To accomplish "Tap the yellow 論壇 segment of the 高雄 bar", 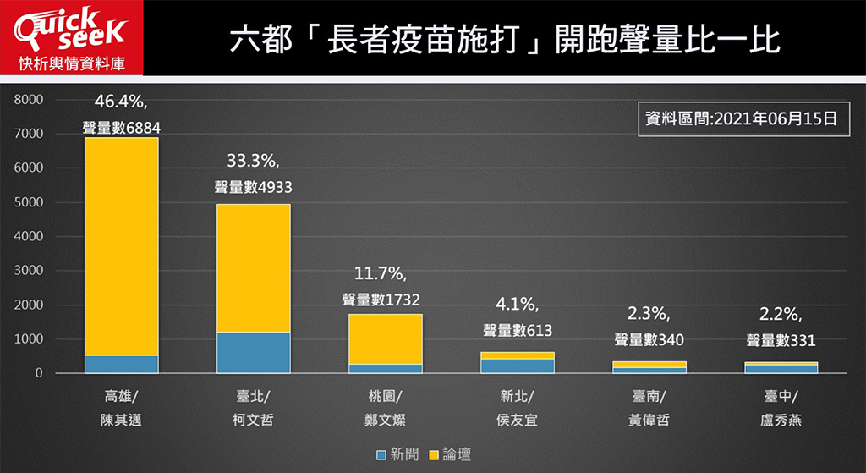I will point(121,245).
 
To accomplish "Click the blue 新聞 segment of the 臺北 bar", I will point(253,352).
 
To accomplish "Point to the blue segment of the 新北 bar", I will point(517,366).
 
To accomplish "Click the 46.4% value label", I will point(121,102).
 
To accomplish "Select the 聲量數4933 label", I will point(253,188).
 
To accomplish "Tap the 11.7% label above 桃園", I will point(385,274).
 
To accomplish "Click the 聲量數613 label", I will point(517,330).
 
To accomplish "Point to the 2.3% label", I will point(649,315).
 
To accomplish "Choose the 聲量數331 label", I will point(781,340).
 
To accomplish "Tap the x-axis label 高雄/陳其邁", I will point(121,407).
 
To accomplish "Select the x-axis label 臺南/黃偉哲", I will point(649,407).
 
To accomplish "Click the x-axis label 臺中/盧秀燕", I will point(781,407).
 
